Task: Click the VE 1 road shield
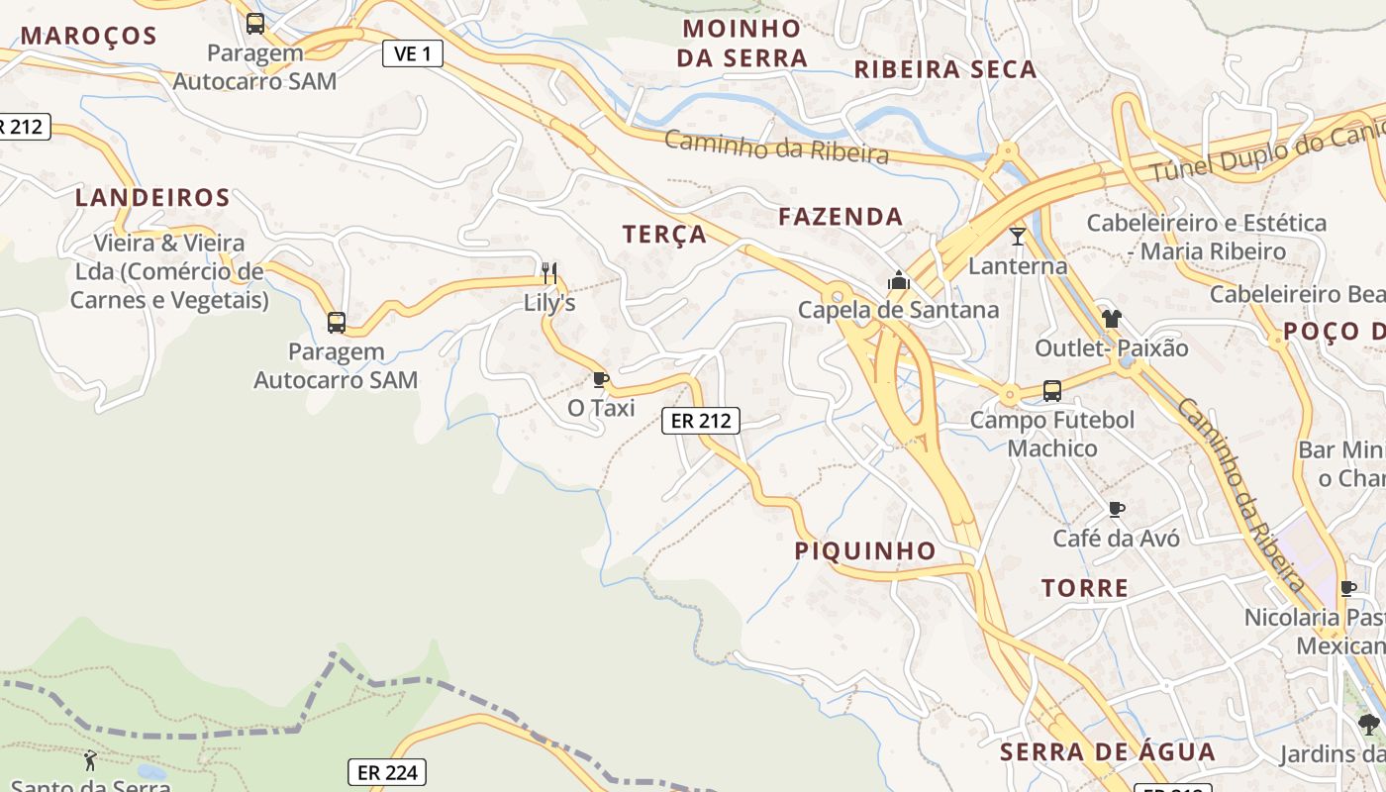coord(412,53)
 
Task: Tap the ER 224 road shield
coord(386,772)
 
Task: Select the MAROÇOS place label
coord(89,37)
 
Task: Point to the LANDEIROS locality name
coord(152,198)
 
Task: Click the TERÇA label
coord(664,235)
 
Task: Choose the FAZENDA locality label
coord(841,217)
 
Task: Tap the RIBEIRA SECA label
coord(945,70)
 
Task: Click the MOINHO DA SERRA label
coord(742,43)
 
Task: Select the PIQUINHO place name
coord(865,551)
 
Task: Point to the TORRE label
coord(1085,589)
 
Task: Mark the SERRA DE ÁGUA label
coord(1108,752)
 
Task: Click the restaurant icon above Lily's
coord(549,272)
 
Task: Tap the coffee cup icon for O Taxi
coord(600,378)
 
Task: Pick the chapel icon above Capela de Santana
coord(899,281)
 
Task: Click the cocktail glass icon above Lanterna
coord(1018,236)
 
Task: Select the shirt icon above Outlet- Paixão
coord(1111,319)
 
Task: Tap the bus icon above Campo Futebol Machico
coord(1052,391)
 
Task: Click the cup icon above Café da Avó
coord(1117,509)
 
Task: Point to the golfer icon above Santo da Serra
coord(91,760)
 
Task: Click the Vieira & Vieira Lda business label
coord(168,271)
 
